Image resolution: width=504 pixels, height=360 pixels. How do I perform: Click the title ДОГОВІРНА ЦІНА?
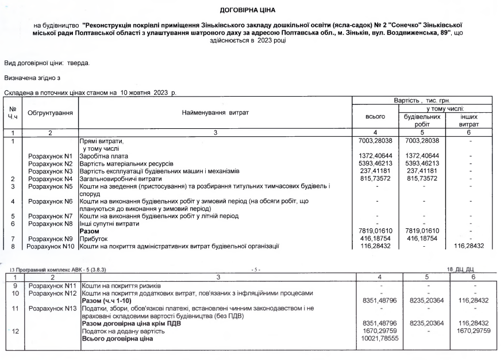252,10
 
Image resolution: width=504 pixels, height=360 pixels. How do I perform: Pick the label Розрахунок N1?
50,156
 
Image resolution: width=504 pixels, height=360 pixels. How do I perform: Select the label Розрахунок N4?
50,179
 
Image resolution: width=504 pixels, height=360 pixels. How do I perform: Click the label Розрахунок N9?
50,239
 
